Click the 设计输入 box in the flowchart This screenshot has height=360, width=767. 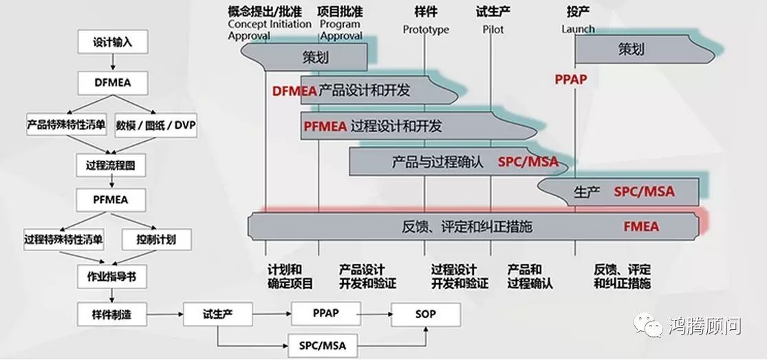click(x=113, y=42)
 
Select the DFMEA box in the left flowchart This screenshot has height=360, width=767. click(x=113, y=83)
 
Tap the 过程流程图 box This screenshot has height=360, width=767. click(x=111, y=166)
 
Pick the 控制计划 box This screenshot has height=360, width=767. click(x=156, y=240)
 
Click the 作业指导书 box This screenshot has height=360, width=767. click(x=111, y=277)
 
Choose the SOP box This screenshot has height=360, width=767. click(x=426, y=315)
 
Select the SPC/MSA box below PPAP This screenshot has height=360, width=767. click(x=323, y=346)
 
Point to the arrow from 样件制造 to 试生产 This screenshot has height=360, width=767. click(x=165, y=315)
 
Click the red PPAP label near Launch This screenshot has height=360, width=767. click(x=570, y=79)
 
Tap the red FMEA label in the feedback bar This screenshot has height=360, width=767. click(x=641, y=226)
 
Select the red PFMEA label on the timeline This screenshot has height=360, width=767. click(x=325, y=127)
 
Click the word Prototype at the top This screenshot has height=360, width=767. click(x=426, y=30)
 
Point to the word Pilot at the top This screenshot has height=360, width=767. click(x=493, y=30)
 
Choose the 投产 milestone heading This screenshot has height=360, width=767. click(x=578, y=11)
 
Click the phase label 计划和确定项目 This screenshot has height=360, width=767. click(x=290, y=277)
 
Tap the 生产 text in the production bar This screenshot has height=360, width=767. click(x=587, y=192)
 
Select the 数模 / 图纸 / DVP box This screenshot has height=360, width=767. click(x=156, y=125)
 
